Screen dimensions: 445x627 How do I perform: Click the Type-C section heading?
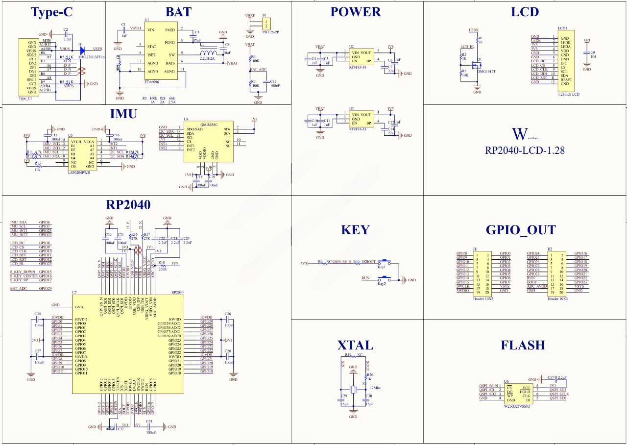click(x=51, y=13)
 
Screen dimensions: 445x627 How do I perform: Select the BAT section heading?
click(x=178, y=12)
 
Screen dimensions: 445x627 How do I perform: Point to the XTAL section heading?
click(x=355, y=345)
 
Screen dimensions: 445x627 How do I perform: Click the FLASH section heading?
click(x=523, y=345)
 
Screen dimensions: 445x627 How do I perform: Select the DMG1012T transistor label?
click(x=486, y=72)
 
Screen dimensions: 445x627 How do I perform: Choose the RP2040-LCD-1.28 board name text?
click(x=525, y=150)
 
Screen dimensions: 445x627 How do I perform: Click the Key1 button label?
click(x=382, y=267)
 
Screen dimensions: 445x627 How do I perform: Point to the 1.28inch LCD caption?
click(x=568, y=94)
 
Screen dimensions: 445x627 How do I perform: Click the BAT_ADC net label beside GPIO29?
click(x=18, y=289)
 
